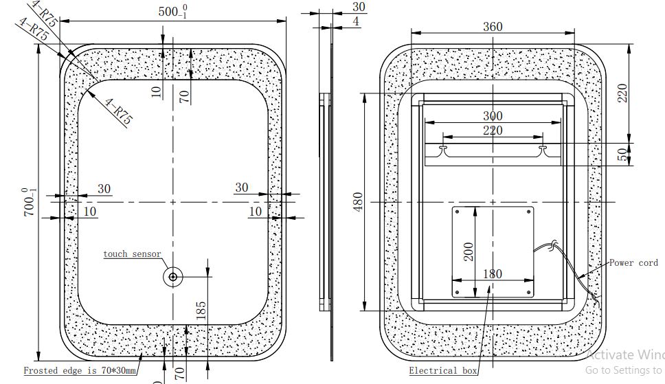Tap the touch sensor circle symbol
pyautogui.click(x=172, y=278)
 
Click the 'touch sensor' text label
pyautogui.click(x=132, y=254)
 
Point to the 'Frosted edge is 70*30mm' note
pyautogui.click(x=80, y=371)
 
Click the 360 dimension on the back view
pyautogui.click(x=492, y=27)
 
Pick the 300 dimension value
pyautogui.click(x=492, y=116)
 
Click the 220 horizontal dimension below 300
pyautogui.click(x=492, y=130)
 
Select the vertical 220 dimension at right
pyautogui.click(x=622, y=92)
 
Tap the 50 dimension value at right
pyautogui.click(x=622, y=155)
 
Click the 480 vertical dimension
pyautogui.click(x=357, y=201)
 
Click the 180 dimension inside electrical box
pyautogui.click(x=492, y=273)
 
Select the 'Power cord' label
pyautogui.click(x=633, y=262)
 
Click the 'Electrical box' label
pyautogui.click(x=443, y=371)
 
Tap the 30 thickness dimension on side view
pyautogui.click(x=359, y=7)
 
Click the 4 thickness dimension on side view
pyautogui.click(x=356, y=22)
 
